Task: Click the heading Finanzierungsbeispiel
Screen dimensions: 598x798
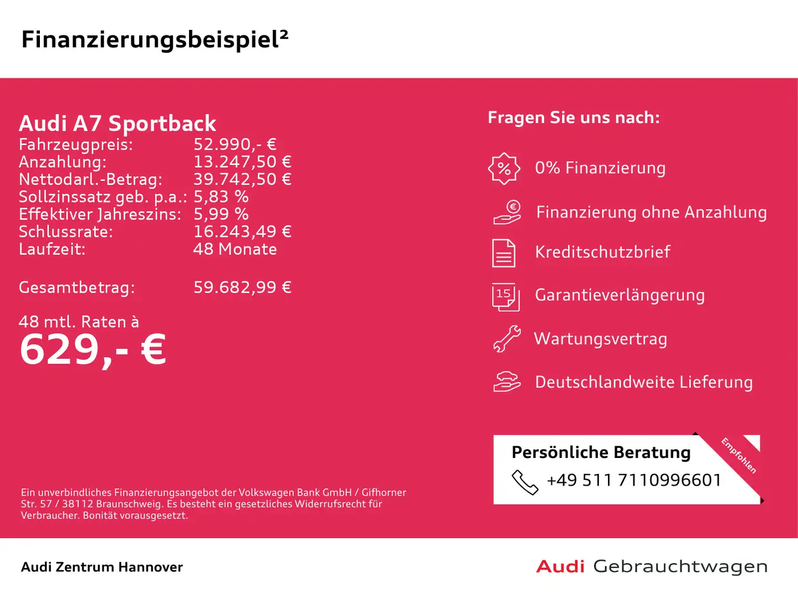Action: (155, 40)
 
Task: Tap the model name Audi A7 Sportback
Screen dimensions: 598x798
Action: (117, 123)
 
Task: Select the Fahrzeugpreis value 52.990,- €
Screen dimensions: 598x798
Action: (234, 145)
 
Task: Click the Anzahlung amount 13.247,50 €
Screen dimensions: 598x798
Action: (242, 162)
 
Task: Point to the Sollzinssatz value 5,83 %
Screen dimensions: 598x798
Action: (221, 197)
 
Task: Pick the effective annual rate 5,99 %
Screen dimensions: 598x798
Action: (221, 214)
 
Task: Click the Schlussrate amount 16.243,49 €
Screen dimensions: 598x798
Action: (242, 231)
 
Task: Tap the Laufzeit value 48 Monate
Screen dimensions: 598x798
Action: (235, 249)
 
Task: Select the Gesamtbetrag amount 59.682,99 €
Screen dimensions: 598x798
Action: (242, 287)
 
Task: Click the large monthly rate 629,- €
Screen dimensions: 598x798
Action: (93, 350)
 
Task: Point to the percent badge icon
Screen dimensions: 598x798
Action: (504, 168)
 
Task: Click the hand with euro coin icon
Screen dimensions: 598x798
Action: (507, 213)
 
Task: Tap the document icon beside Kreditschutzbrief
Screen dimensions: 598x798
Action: (504, 253)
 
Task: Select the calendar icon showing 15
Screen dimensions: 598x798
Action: (505, 296)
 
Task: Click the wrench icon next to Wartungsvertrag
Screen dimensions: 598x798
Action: (507, 339)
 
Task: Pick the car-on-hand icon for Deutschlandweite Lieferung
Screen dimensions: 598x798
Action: (507, 382)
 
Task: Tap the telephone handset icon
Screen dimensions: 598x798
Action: (524, 482)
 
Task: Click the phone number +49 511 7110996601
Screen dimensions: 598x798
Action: (634, 480)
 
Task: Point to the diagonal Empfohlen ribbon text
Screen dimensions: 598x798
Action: (739, 455)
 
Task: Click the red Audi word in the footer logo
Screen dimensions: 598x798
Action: (560, 566)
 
